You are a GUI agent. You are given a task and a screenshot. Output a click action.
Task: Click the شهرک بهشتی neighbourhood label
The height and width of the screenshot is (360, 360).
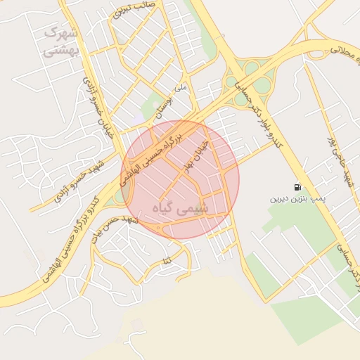click(62, 42)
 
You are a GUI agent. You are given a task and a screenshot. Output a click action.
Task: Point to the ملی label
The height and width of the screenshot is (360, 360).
click(181, 89)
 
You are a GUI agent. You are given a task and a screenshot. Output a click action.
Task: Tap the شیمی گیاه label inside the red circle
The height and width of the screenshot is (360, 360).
click(180, 208)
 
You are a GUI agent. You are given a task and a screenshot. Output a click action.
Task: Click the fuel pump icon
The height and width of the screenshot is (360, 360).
click(298, 188)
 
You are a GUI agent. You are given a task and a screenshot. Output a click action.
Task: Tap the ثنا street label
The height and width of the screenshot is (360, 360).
click(167, 261)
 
